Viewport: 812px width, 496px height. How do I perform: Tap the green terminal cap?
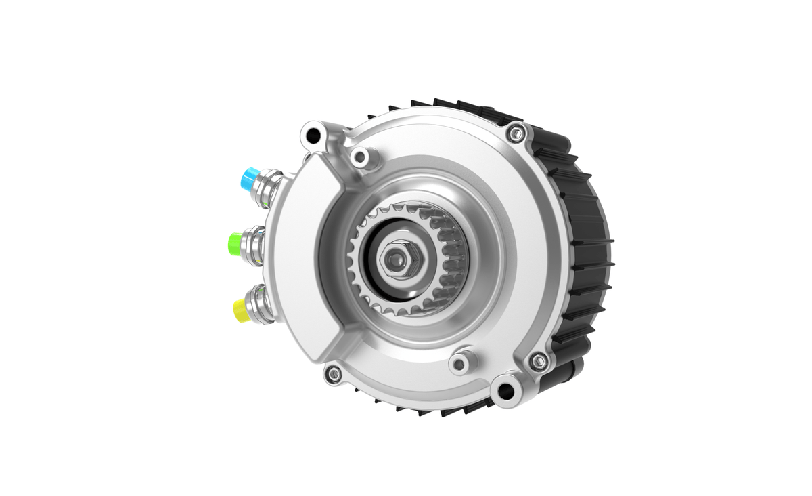(236, 241)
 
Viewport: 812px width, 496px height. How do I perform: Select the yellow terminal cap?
(242, 309)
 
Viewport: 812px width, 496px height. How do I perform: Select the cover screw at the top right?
(516, 133)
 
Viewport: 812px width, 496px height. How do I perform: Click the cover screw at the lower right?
(538, 360)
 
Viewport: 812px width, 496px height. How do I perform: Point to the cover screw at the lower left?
(333, 373)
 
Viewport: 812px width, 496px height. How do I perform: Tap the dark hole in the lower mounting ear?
(505, 391)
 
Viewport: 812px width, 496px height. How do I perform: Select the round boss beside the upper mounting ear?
(360, 159)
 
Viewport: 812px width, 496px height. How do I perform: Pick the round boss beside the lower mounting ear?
(460, 363)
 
